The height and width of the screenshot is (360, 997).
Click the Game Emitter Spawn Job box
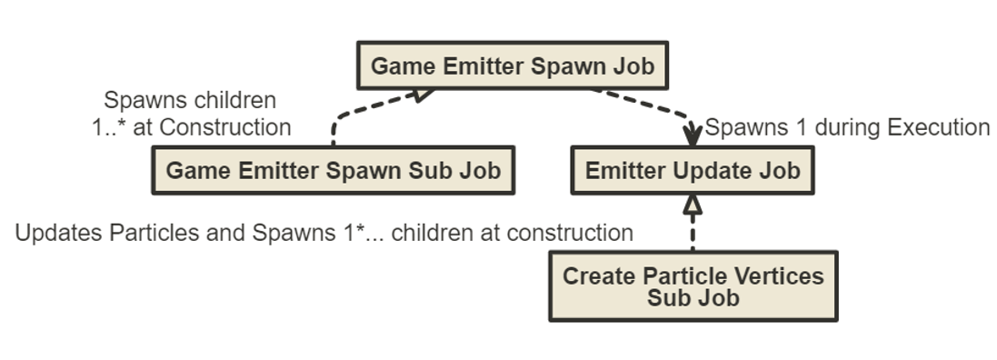pyautogui.click(x=513, y=65)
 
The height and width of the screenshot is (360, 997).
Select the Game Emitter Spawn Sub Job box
pyautogui.click(x=334, y=171)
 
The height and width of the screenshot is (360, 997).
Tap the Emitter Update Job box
pyautogui.click(x=692, y=171)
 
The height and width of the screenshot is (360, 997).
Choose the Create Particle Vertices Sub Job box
pyautogui.click(x=693, y=286)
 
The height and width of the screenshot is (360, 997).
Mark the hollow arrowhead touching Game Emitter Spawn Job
pyautogui.click(x=420, y=94)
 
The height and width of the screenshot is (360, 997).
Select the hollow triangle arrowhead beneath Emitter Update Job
pyautogui.click(x=693, y=205)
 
